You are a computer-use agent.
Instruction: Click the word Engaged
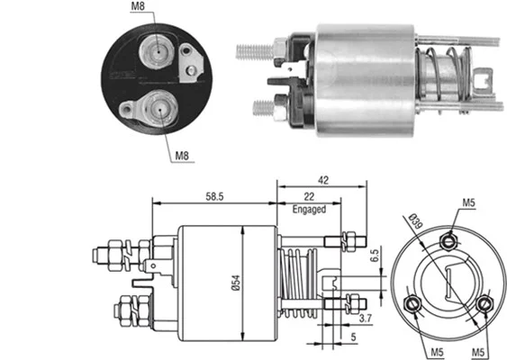[x=308, y=210]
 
